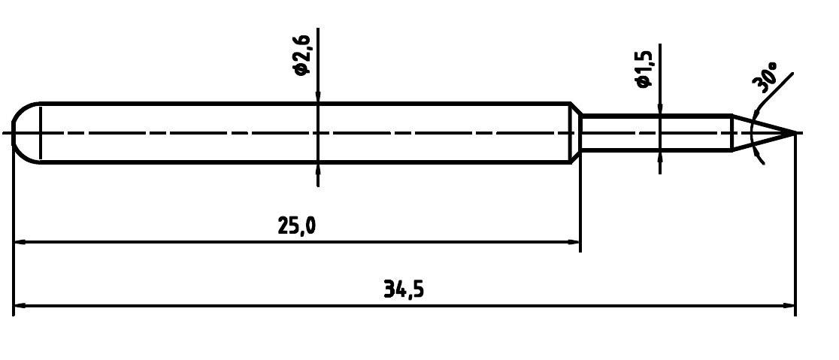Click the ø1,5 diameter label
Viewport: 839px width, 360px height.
[x=644, y=70]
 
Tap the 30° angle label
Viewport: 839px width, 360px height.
[x=768, y=78]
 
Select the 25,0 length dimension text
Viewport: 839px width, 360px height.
[x=296, y=225]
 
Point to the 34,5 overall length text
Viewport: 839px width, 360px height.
[x=404, y=289]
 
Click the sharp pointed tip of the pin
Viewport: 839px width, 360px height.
[x=794, y=133]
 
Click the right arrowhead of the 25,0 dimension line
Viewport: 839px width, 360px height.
[x=574, y=242]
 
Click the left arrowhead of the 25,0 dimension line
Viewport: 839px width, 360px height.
[x=21, y=242]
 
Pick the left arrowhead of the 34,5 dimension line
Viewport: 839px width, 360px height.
[x=21, y=306]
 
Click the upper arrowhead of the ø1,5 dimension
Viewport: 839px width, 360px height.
[x=659, y=110]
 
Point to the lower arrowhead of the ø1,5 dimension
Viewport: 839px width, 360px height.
[x=659, y=156]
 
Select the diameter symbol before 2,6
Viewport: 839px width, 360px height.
[x=301, y=69]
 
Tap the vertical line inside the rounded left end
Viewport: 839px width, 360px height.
[x=40, y=133]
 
